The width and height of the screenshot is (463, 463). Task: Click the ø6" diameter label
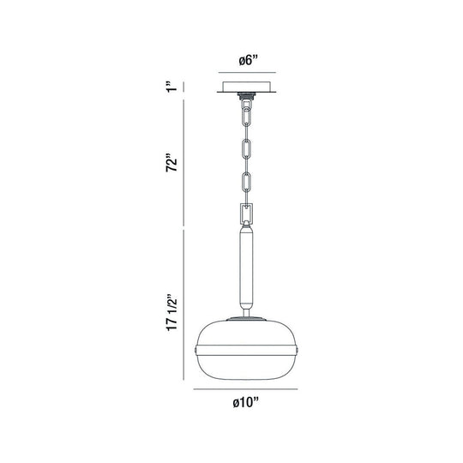click(x=248, y=61)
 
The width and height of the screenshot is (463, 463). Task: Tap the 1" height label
click(x=171, y=87)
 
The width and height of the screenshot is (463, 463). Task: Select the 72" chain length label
click(x=171, y=162)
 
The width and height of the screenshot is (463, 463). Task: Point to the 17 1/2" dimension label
click(x=171, y=312)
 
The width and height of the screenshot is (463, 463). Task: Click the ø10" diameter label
click(x=245, y=402)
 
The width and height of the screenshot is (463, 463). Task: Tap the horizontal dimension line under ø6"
click(x=247, y=72)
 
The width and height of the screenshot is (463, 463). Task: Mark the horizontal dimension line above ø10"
click(x=245, y=389)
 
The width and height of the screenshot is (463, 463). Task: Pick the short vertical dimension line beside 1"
click(x=184, y=87)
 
